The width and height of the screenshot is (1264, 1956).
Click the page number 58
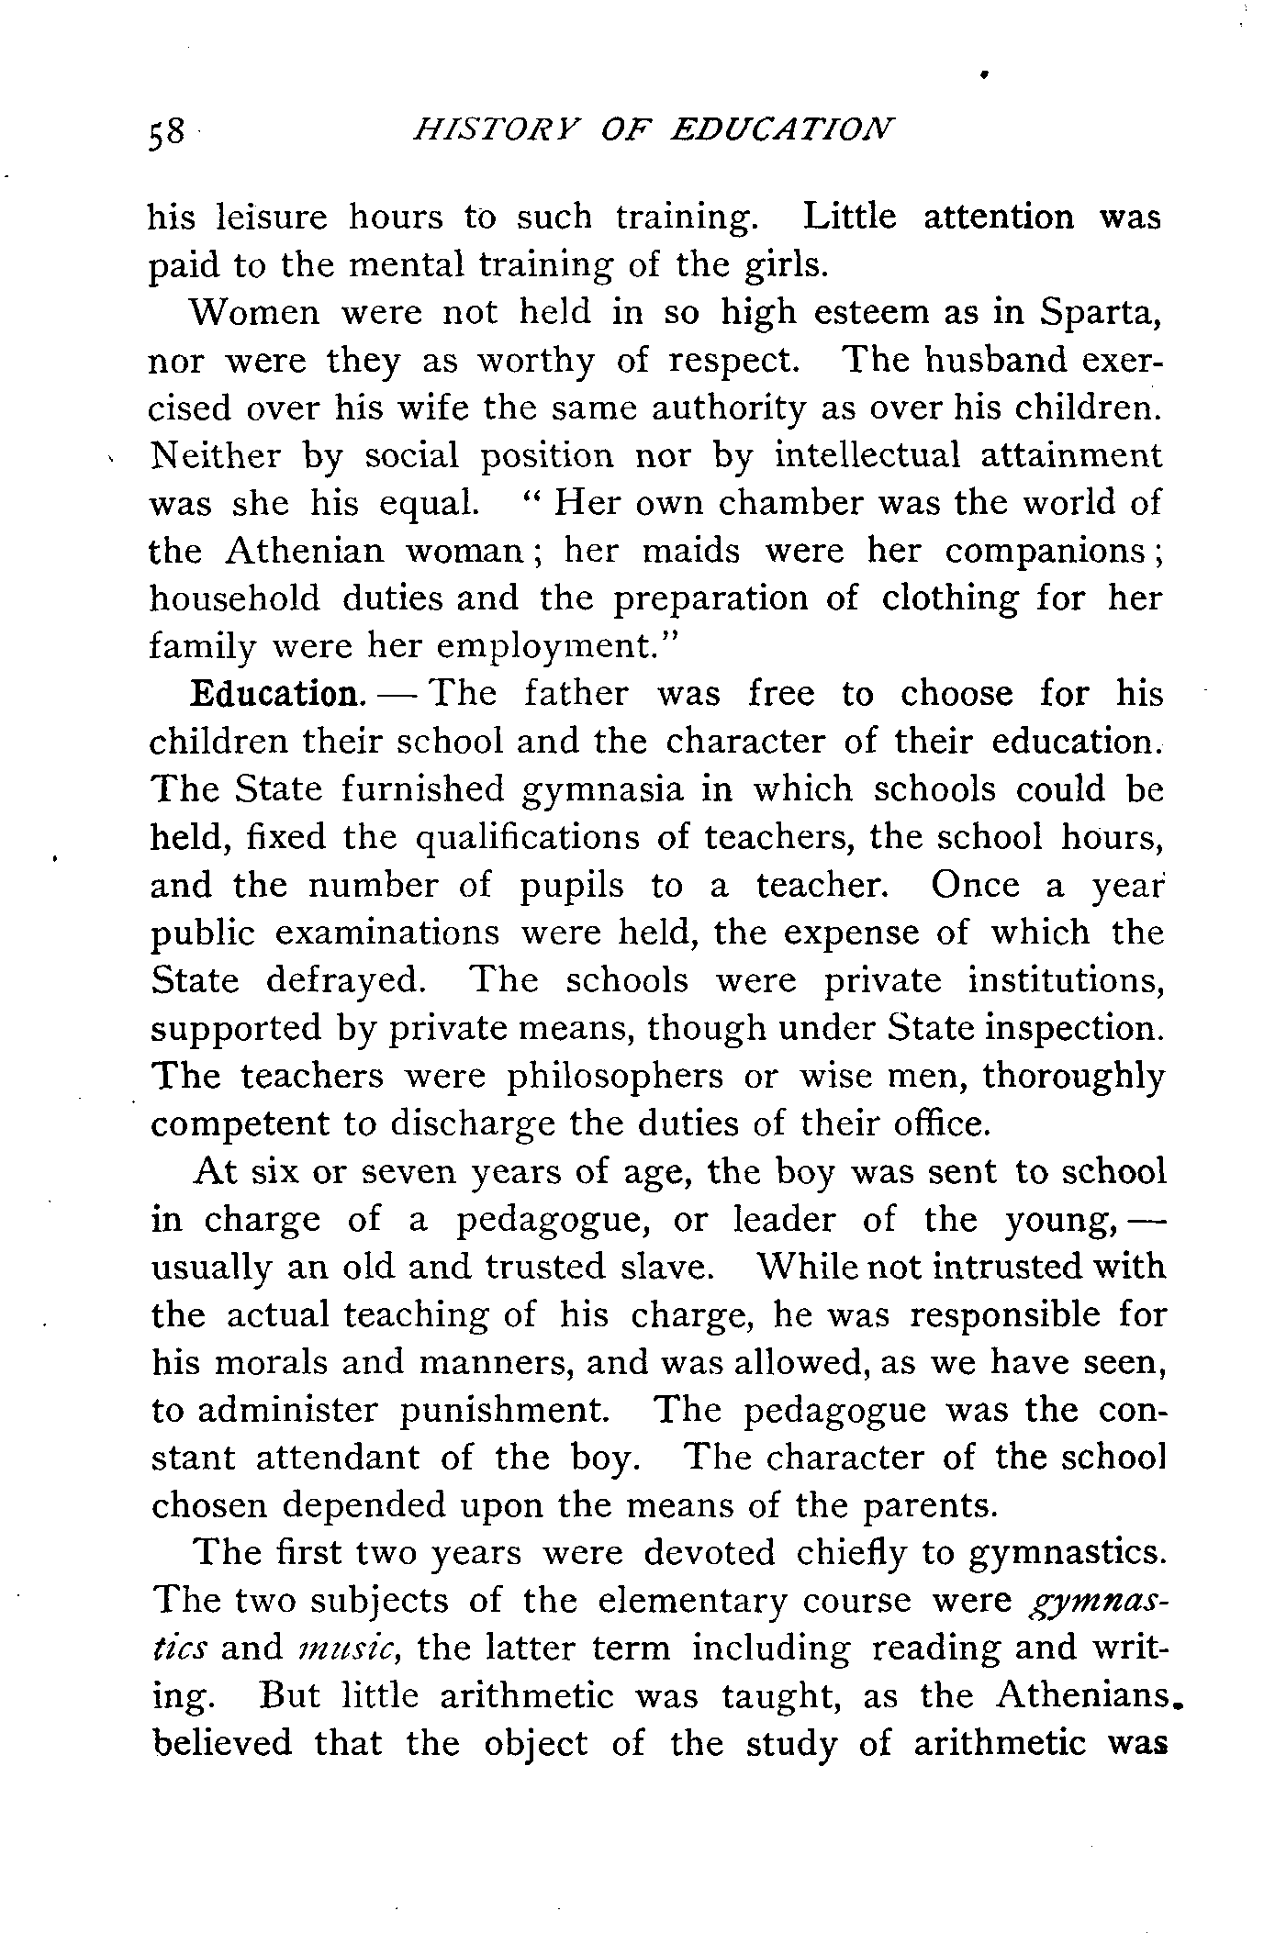point(165,132)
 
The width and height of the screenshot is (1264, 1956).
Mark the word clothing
point(949,598)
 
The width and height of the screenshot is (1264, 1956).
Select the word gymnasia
point(602,790)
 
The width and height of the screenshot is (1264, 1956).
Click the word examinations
point(386,933)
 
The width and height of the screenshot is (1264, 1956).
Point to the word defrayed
point(345,981)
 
